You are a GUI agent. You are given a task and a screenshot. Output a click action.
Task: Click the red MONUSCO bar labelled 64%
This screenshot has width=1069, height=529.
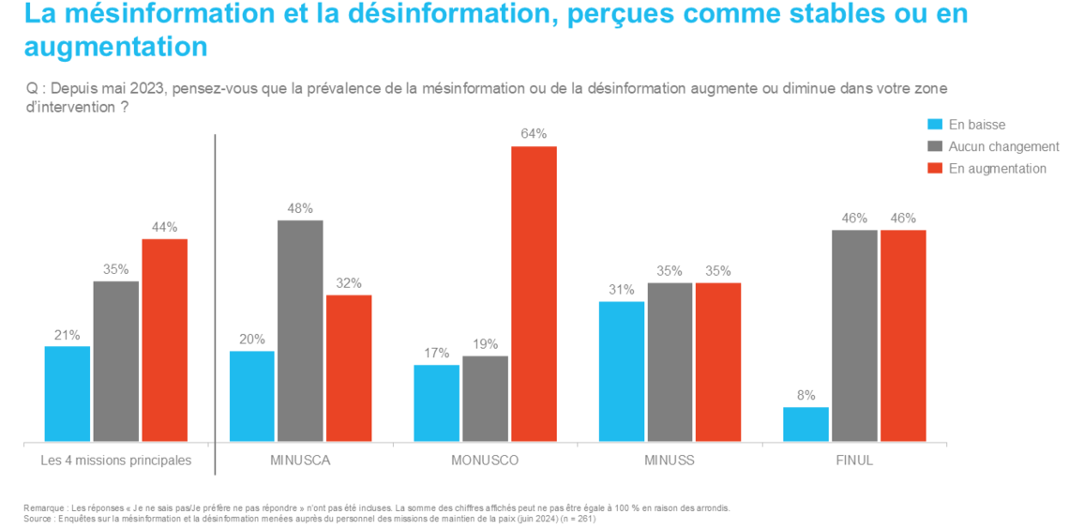(x=534, y=294)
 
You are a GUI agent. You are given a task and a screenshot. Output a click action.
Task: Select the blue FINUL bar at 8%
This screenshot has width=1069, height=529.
(x=806, y=424)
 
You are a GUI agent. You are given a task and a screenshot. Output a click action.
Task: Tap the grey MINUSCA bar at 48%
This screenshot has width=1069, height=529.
(x=300, y=330)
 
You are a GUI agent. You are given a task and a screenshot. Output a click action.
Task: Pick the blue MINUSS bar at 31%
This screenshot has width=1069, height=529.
(x=622, y=370)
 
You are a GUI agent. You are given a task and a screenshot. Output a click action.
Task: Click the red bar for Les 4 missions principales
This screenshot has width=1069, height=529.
(x=165, y=340)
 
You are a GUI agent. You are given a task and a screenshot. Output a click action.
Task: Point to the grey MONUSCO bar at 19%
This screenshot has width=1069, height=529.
(x=485, y=399)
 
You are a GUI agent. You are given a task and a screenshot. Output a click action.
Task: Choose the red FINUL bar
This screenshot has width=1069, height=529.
(x=903, y=335)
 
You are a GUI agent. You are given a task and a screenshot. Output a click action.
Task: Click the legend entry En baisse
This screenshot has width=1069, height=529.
(x=976, y=125)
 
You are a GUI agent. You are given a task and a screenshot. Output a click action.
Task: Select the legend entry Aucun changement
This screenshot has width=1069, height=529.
(x=1003, y=146)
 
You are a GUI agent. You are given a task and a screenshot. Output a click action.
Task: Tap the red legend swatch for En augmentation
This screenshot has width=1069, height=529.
(x=934, y=169)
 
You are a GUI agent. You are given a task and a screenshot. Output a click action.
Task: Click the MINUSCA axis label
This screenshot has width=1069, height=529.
(x=300, y=461)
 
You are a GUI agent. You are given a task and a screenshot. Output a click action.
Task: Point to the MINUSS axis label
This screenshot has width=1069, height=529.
(x=670, y=461)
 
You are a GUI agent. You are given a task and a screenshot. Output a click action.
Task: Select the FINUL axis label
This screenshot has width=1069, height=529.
(x=853, y=461)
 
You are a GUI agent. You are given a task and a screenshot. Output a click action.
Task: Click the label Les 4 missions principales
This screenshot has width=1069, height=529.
(x=116, y=461)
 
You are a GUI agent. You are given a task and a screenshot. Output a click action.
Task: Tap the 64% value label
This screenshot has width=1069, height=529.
(x=534, y=134)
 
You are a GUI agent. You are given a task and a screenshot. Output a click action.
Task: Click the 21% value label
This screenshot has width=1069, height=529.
(x=68, y=335)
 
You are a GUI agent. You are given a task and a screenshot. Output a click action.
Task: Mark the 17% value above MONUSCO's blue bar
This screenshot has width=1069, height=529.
(x=436, y=354)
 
